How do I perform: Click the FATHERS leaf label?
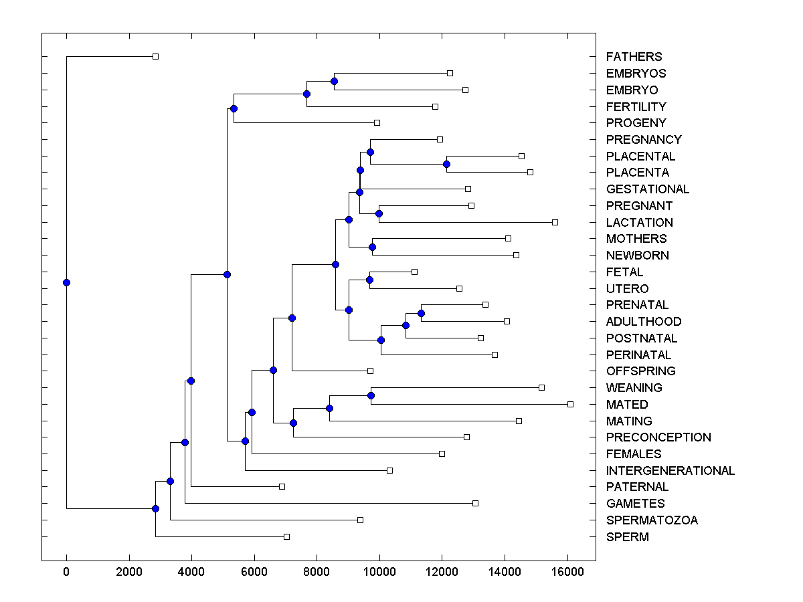(x=634, y=57)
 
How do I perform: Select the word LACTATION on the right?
(x=639, y=223)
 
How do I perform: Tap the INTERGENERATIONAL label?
(x=670, y=471)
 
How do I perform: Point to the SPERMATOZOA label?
(x=651, y=520)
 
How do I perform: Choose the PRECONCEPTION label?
(x=658, y=437)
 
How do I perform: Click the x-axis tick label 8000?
(x=317, y=571)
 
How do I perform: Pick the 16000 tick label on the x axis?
(x=567, y=571)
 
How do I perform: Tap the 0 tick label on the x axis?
(x=66, y=571)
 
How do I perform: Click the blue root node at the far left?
(x=66, y=282)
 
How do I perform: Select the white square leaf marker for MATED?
(x=570, y=404)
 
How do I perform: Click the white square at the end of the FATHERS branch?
(x=155, y=57)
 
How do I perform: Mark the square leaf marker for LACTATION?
(x=555, y=222)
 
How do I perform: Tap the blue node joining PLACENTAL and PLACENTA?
(x=446, y=164)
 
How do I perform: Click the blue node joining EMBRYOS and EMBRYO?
(x=334, y=81)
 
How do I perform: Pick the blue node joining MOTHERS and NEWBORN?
(x=372, y=247)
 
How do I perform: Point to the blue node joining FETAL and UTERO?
(x=369, y=280)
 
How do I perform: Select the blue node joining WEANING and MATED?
(x=371, y=395)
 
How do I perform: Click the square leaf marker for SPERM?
(x=286, y=536)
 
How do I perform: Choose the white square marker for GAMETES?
(x=475, y=503)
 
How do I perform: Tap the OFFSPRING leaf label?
(x=640, y=371)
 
